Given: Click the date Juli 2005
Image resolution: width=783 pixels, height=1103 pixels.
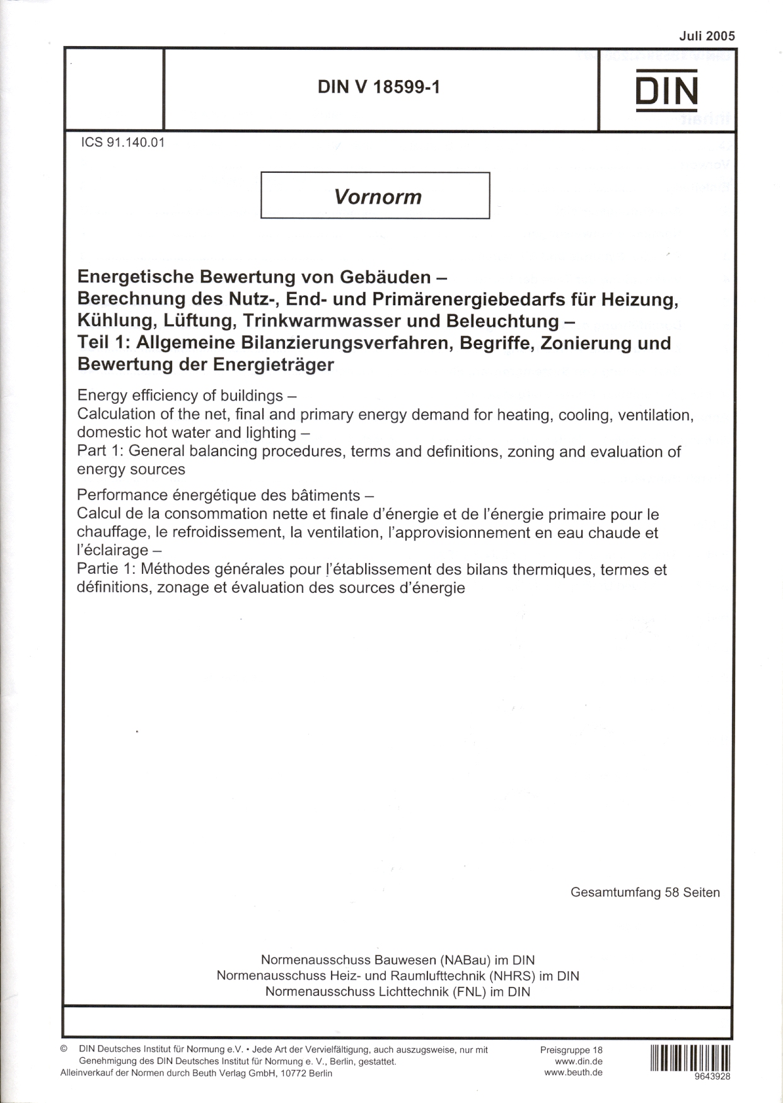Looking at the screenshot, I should click(707, 36).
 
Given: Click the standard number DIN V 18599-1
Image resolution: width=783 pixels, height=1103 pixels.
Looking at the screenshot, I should click(379, 87).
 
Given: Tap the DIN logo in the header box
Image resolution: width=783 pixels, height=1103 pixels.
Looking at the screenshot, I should click(666, 91).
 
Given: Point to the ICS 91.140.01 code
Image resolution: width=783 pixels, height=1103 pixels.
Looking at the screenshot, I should click(123, 143).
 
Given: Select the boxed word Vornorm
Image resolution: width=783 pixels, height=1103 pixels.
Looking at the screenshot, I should click(377, 197).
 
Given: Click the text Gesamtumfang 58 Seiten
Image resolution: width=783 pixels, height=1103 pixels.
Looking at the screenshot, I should click(644, 892).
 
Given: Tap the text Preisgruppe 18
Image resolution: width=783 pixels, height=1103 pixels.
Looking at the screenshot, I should click(571, 1050).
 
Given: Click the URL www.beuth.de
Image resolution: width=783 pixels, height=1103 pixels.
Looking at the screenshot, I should click(573, 1072).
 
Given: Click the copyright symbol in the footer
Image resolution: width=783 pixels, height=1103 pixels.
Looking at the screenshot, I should click(64, 1049).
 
